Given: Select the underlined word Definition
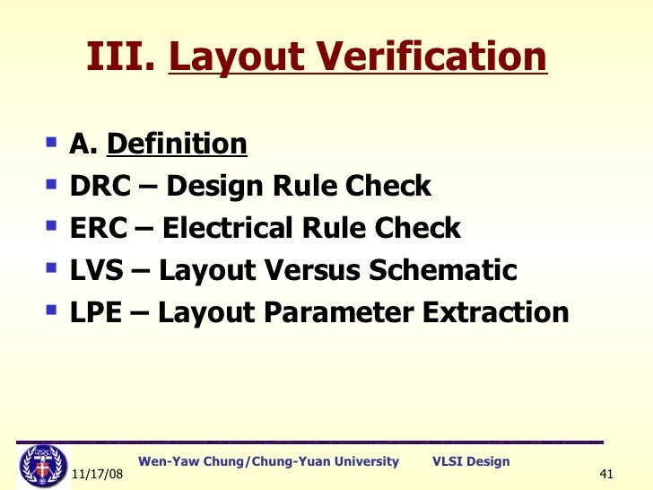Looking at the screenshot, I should click(x=177, y=144).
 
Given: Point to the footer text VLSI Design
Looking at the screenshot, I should click(x=471, y=461).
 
